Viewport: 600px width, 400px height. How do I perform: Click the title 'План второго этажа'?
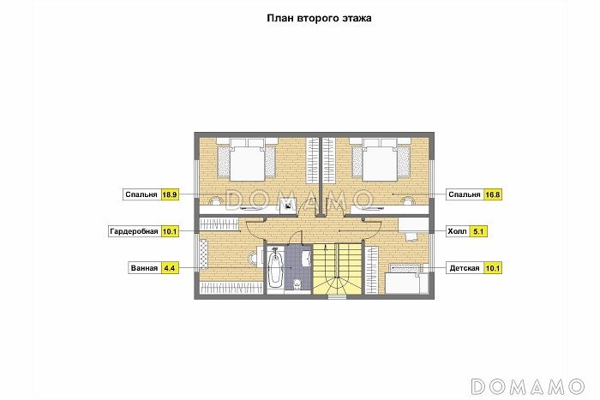(319, 18)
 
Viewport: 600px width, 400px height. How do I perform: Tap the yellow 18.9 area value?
(170, 194)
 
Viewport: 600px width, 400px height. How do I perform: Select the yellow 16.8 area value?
(493, 194)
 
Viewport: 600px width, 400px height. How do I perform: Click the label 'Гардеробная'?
(134, 231)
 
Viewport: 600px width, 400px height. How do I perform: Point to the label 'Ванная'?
(144, 268)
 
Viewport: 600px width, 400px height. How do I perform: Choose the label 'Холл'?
(457, 231)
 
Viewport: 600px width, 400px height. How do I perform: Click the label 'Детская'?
(465, 268)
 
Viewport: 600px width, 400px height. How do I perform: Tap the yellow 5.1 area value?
(478, 231)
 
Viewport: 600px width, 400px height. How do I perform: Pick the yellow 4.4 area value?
(170, 268)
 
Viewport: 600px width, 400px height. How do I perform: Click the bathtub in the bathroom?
(274, 269)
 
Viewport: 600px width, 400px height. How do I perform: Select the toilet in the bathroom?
(297, 284)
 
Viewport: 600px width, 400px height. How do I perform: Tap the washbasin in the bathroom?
(307, 258)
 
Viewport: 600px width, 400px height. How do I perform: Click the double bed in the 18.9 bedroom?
(247, 160)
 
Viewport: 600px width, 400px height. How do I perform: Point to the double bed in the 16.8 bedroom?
(380, 160)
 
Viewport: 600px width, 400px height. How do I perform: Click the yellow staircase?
(337, 269)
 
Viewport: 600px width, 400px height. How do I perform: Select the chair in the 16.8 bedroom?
(409, 201)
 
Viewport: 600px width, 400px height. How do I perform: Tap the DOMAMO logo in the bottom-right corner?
(528, 386)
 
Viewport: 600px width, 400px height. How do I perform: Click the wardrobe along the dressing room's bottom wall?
(231, 288)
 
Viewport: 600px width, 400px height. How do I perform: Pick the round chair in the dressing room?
(253, 259)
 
